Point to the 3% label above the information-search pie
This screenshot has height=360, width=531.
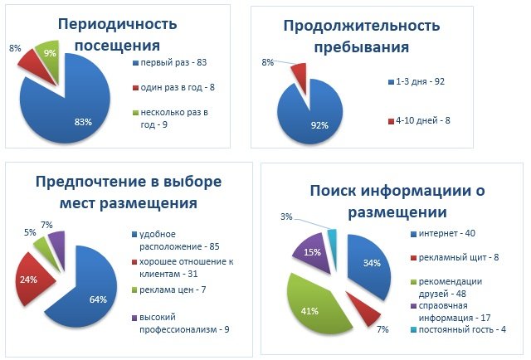[x=285, y=216]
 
